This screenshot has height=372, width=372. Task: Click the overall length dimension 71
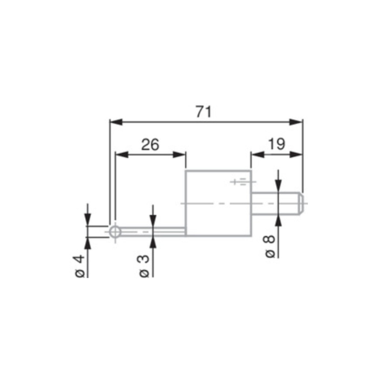(x=204, y=112)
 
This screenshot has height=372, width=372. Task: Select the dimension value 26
(x=150, y=145)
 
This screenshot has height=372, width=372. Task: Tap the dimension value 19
(x=276, y=144)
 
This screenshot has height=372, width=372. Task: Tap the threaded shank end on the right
(x=279, y=203)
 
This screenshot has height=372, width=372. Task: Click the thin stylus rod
(x=153, y=231)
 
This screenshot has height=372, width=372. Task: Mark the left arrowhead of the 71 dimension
(x=114, y=122)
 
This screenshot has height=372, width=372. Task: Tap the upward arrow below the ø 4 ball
(x=87, y=242)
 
